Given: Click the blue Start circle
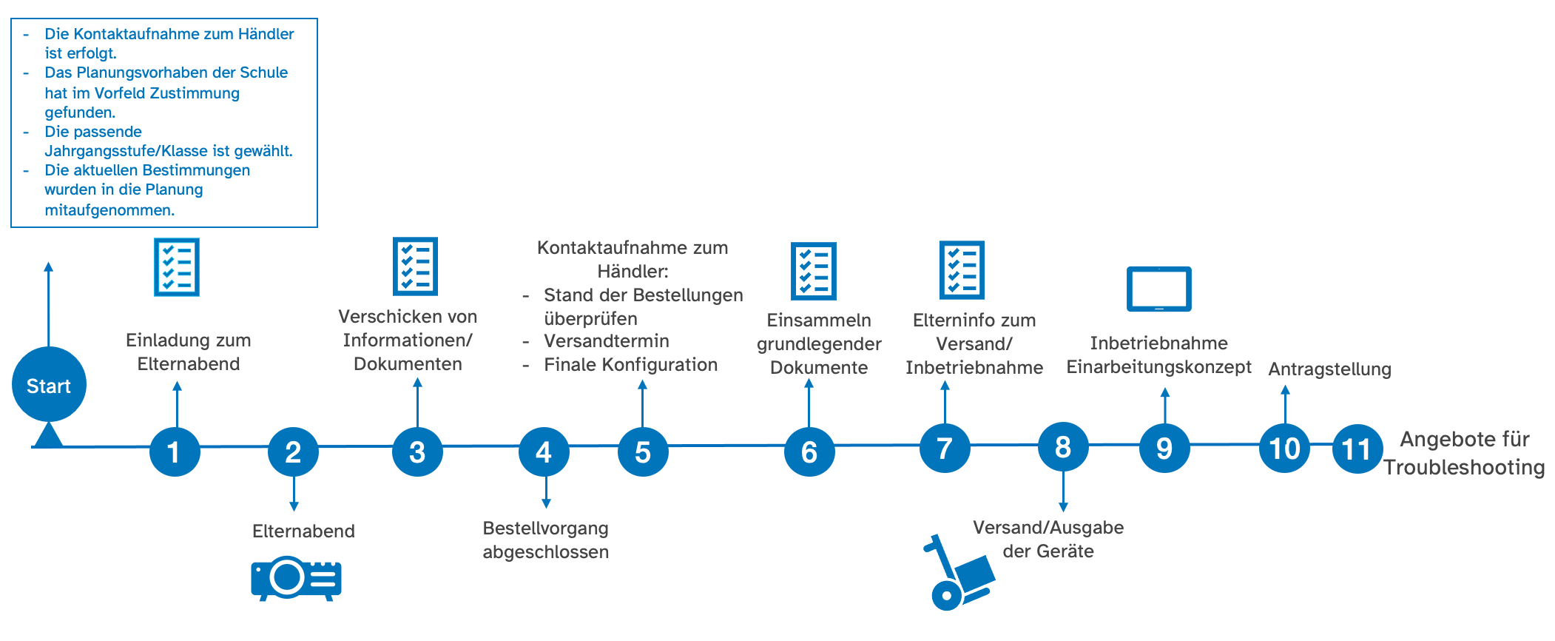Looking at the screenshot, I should (x=49, y=385).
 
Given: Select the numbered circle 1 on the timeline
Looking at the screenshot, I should (x=175, y=452).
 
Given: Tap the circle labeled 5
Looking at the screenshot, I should (x=643, y=452).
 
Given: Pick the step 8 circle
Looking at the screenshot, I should (x=1063, y=447).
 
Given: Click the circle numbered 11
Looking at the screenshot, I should (x=1357, y=449).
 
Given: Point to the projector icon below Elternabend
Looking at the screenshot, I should (x=296, y=578).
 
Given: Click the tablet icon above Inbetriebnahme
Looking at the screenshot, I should (x=1158, y=289).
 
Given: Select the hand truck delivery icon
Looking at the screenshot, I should (x=958, y=574).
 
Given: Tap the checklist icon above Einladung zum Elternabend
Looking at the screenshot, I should (x=177, y=267).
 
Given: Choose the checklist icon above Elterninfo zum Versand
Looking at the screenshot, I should (x=962, y=269).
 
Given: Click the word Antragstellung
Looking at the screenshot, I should (x=1329, y=369).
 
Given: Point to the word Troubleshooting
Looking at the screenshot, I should (x=1464, y=468).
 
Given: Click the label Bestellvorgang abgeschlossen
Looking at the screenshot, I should (x=546, y=540).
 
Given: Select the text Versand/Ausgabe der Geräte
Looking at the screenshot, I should (x=1048, y=539).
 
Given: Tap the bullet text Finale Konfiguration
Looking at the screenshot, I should (x=630, y=365).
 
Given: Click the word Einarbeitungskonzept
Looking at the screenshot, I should (x=1158, y=367).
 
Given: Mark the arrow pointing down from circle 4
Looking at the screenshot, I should (x=546, y=492).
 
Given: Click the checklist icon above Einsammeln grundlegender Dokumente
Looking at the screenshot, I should (x=813, y=271).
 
